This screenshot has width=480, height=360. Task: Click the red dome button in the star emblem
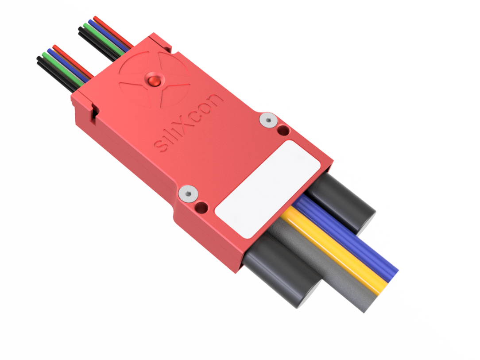[x=153, y=81]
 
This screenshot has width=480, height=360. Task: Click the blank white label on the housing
[x=267, y=188]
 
